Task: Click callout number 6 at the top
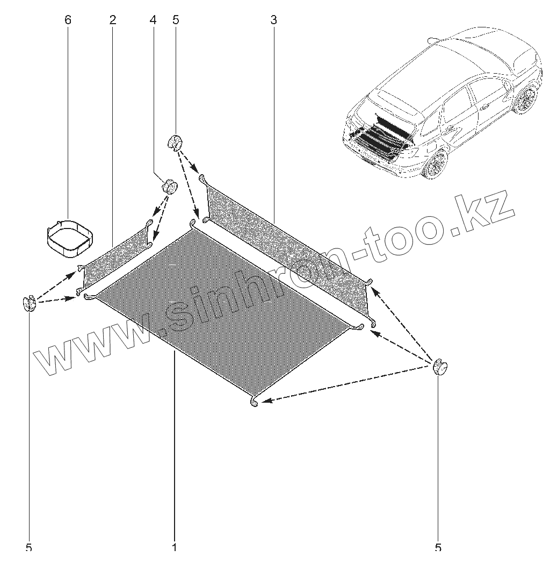(x=67, y=20)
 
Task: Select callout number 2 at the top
(x=112, y=20)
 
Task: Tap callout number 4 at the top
(x=153, y=20)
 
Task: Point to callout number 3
(x=273, y=20)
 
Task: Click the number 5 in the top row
(x=176, y=20)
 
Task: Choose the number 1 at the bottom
(x=175, y=548)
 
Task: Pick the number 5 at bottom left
(x=29, y=548)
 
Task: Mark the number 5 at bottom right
(x=438, y=548)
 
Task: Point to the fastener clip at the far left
(x=30, y=304)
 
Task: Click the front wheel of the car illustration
(x=526, y=99)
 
